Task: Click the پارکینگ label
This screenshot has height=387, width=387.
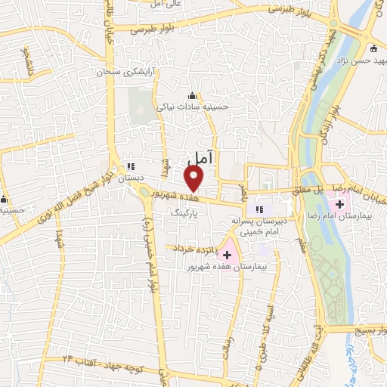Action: point(184,215)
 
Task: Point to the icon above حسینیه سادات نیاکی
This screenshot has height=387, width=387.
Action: point(192,96)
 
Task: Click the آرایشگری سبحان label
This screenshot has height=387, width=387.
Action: point(118,73)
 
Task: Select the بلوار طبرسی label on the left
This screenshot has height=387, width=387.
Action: point(152,30)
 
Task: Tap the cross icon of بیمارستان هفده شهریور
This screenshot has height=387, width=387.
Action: point(228,255)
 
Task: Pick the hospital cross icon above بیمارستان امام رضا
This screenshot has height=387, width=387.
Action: point(340,204)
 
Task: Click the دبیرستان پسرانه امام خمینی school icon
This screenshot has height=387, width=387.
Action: point(259,209)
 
